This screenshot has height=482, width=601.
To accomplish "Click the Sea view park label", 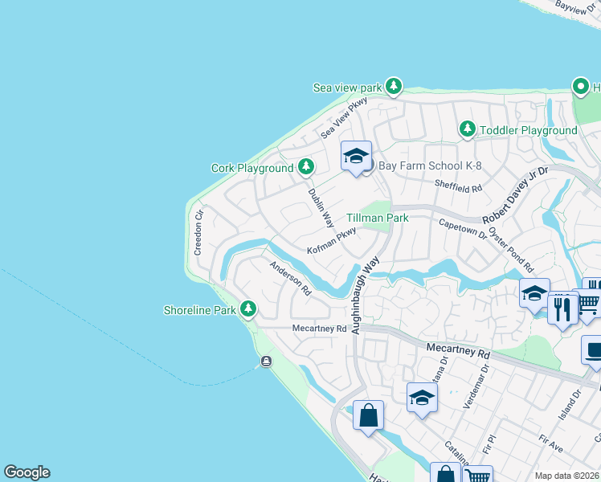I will point(348,87).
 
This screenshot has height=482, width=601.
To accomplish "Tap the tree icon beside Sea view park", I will point(393,86).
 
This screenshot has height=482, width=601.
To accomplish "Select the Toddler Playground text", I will point(528,130).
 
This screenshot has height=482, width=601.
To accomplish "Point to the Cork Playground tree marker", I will point(305,167).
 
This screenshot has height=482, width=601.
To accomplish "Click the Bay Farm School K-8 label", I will point(423,165).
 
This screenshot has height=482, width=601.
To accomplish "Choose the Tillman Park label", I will point(377,218).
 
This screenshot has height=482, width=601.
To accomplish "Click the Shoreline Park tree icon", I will point(248,308).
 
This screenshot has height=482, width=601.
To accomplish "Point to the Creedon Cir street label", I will point(199,233).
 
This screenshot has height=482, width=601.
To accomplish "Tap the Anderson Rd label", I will point(290,279).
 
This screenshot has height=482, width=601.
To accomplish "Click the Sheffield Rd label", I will point(458,186).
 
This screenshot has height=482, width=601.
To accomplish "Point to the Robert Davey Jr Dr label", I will point(515,195).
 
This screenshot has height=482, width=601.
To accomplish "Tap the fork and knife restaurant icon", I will point(562,308).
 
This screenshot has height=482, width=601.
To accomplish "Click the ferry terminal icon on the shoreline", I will point(266,361).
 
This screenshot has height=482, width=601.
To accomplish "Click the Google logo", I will point(27,472).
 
